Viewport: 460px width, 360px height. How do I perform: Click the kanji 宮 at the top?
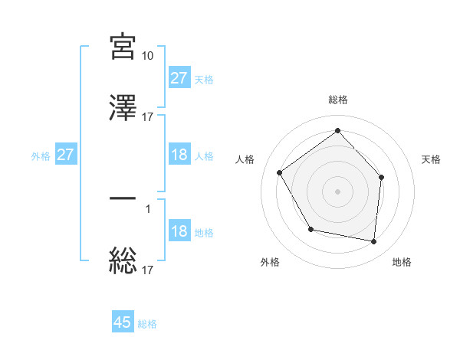(x=123, y=46)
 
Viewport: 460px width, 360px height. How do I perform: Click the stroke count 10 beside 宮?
(x=148, y=56)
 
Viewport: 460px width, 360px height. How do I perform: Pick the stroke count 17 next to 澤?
(x=148, y=117)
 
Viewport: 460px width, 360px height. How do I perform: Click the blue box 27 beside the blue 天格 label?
(x=179, y=78)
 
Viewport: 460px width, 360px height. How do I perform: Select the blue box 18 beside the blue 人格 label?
(x=179, y=155)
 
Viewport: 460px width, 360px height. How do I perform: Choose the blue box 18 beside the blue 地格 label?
(x=179, y=231)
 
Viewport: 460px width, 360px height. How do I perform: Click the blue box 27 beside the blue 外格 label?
(x=66, y=155)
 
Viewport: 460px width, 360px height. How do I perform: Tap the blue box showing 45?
(x=123, y=322)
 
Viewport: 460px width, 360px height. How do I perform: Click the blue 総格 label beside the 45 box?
(x=147, y=324)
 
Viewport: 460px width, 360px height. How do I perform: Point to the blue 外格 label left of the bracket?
(x=41, y=156)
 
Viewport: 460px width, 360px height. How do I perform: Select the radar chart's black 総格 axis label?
(x=337, y=100)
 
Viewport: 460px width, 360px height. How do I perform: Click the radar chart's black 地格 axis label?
(x=402, y=263)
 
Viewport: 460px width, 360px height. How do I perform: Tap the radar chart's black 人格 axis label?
(x=245, y=159)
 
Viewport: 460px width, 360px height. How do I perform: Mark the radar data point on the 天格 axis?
(x=382, y=177)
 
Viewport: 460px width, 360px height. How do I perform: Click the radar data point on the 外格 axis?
(x=310, y=229)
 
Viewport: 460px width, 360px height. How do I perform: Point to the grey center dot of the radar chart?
(x=337, y=191)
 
